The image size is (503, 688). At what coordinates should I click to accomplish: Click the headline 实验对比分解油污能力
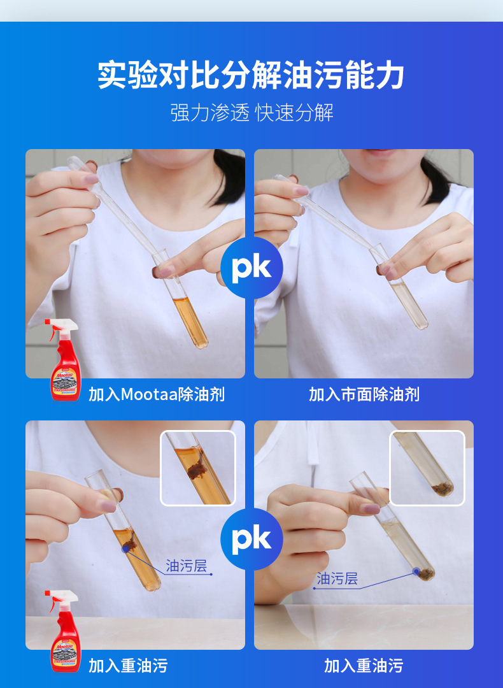tap(251, 75)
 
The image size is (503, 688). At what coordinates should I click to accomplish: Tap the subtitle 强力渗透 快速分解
tap(251, 113)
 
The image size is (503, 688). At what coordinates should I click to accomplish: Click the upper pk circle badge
tap(251, 268)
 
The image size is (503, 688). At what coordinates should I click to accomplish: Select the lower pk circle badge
tap(251, 539)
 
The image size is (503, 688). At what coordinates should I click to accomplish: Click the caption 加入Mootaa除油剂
tap(156, 394)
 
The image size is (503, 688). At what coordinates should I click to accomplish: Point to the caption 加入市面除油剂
tap(364, 394)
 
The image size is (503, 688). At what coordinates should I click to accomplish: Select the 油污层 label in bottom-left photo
tap(187, 566)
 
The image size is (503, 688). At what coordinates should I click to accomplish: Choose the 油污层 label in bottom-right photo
tap(337, 578)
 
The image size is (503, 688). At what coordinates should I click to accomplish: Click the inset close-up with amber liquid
tap(197, 468)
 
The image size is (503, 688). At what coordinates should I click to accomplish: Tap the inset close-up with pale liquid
tap(427, 468)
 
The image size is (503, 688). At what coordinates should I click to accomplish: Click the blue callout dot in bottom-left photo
tap(126, 547)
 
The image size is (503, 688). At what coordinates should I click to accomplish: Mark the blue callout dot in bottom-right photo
tap(416, 571)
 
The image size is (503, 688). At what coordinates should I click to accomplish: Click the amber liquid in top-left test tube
tap(192, 322)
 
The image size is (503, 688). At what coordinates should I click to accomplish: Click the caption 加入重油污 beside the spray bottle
tap(128, 666)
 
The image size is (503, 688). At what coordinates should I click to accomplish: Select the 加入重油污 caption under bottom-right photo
tap(364, 666)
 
